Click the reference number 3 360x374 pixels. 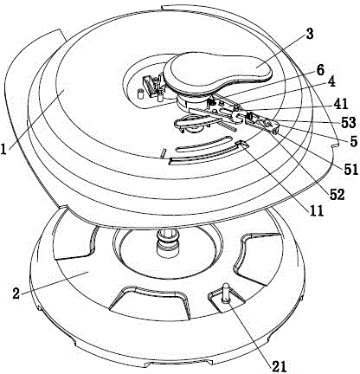tap(309, 35)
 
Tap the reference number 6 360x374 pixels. tap(320, 70)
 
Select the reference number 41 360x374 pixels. tap(341, 104)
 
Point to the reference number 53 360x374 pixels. tap(349, 122)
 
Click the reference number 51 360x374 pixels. tap(350, 169)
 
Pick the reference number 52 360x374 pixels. tap(337, 196)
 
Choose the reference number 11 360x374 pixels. tap(317, 211)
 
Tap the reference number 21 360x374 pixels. tap(279, 366)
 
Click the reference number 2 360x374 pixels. tap(16, 293)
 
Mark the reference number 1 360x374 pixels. tap(3, 149)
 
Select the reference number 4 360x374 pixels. tap(331, 82)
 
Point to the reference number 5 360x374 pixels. tap(353, 142)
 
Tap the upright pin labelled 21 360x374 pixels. tap(225, 293)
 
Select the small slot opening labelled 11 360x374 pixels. tap(241, 144)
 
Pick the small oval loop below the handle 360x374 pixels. tap(192, 123)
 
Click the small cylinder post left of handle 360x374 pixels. tap(140, 94)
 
